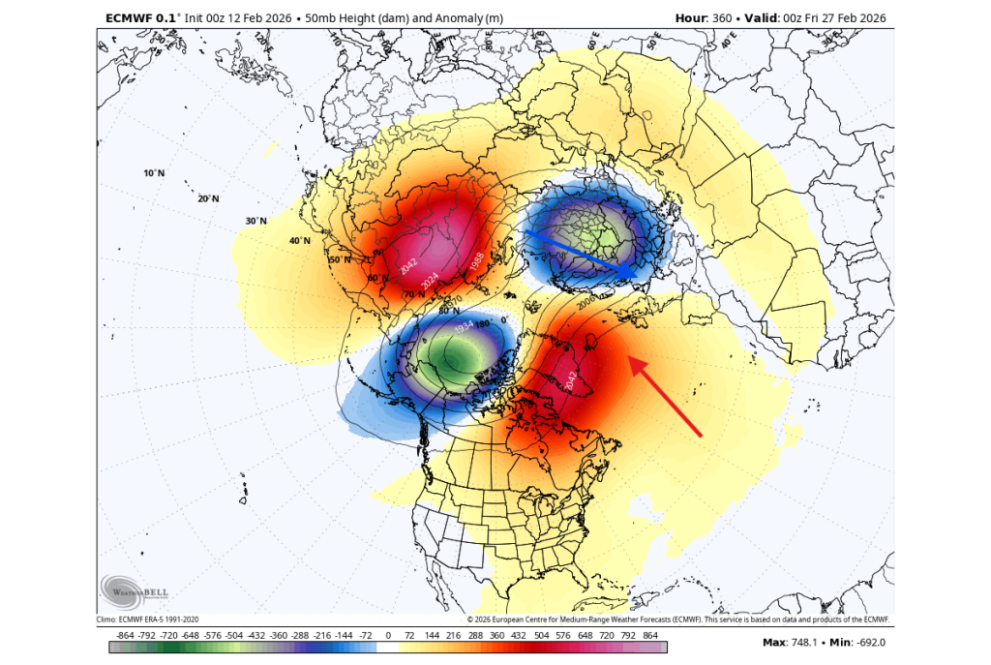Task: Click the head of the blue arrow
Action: click(x=637, y=276)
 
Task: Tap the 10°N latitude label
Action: click(x=154, y=173)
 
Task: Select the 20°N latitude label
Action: click(x=208, y=198)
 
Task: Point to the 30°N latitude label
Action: click(x=255, y=221)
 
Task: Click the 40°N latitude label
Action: click(x=299, y=240)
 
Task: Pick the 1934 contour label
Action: click(x=465, y=327)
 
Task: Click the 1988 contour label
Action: click(x=476, y=260)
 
